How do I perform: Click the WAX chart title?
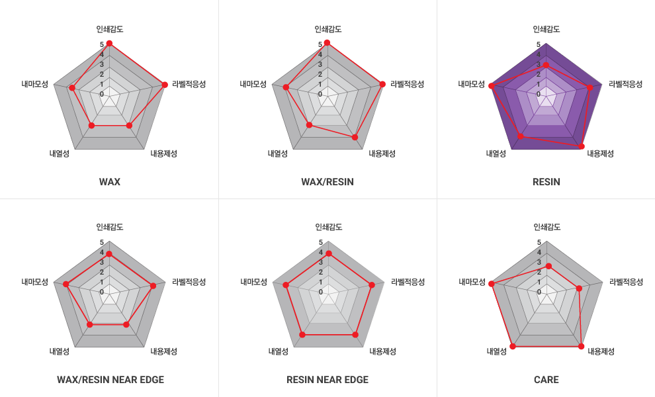[109, 182]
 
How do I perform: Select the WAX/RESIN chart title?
[327, 182]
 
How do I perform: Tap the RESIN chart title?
[546, 182]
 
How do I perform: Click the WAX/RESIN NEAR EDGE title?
[110, 380]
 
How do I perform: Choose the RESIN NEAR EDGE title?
[327, 380]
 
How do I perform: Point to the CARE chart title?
[546, 380]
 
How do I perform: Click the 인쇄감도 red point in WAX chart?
[109, 44]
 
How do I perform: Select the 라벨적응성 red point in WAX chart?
[164, 84]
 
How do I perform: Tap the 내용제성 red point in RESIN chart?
[582, 146]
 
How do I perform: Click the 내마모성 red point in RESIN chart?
[491, 86]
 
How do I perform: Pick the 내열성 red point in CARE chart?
[512, 346]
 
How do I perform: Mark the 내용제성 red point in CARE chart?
[582, 346]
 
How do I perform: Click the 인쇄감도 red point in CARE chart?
[548, 266]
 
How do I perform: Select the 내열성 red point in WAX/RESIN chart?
[309, 124]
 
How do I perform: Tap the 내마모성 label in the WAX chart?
[34, 84]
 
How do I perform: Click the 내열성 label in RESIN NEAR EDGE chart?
[278, 351]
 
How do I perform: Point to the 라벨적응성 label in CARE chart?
[626, 282]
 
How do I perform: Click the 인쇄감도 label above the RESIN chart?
[546, 29]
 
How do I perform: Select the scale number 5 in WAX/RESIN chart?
[320, 45]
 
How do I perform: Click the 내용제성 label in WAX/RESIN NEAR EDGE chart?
[163, 351]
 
